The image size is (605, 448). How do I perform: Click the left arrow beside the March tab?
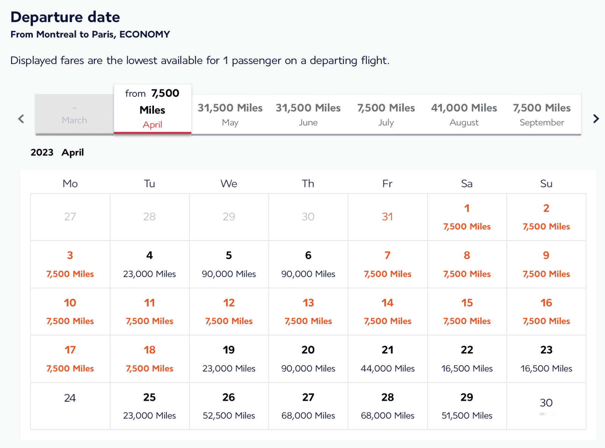tap(21, 119)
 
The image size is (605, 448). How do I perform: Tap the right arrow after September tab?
tap(596, 119)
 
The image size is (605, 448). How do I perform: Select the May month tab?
tap(230, 115)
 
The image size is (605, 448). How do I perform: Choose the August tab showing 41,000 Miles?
tap(464, 115)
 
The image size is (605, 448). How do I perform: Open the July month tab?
tap(386, 115)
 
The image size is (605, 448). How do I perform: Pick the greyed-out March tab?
tap(74, 115)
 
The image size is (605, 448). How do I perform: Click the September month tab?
tap(542, 115)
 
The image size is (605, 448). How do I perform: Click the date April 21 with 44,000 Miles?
tap(388, 358)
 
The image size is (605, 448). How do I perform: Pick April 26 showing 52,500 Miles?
tap(229, 406)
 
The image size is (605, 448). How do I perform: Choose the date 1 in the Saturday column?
tap(467, 217)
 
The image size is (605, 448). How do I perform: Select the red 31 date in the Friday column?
tap(387, 217)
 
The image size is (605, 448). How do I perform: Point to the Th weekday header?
tap(308, 183)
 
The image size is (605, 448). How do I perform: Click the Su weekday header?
tap(546, 183)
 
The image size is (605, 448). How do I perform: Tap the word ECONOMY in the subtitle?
tap(144, 34)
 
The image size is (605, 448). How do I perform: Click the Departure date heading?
tap(65, 17)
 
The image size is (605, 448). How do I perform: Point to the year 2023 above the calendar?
tap(42, 152)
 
